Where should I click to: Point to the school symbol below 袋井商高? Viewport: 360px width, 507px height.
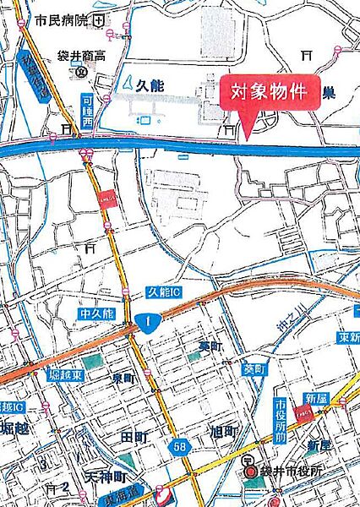(81, 73)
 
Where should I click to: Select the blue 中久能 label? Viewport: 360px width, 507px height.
(97, 314)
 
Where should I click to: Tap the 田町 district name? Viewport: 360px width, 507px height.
(134, 437)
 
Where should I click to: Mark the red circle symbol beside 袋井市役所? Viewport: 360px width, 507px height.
(251, 472)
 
